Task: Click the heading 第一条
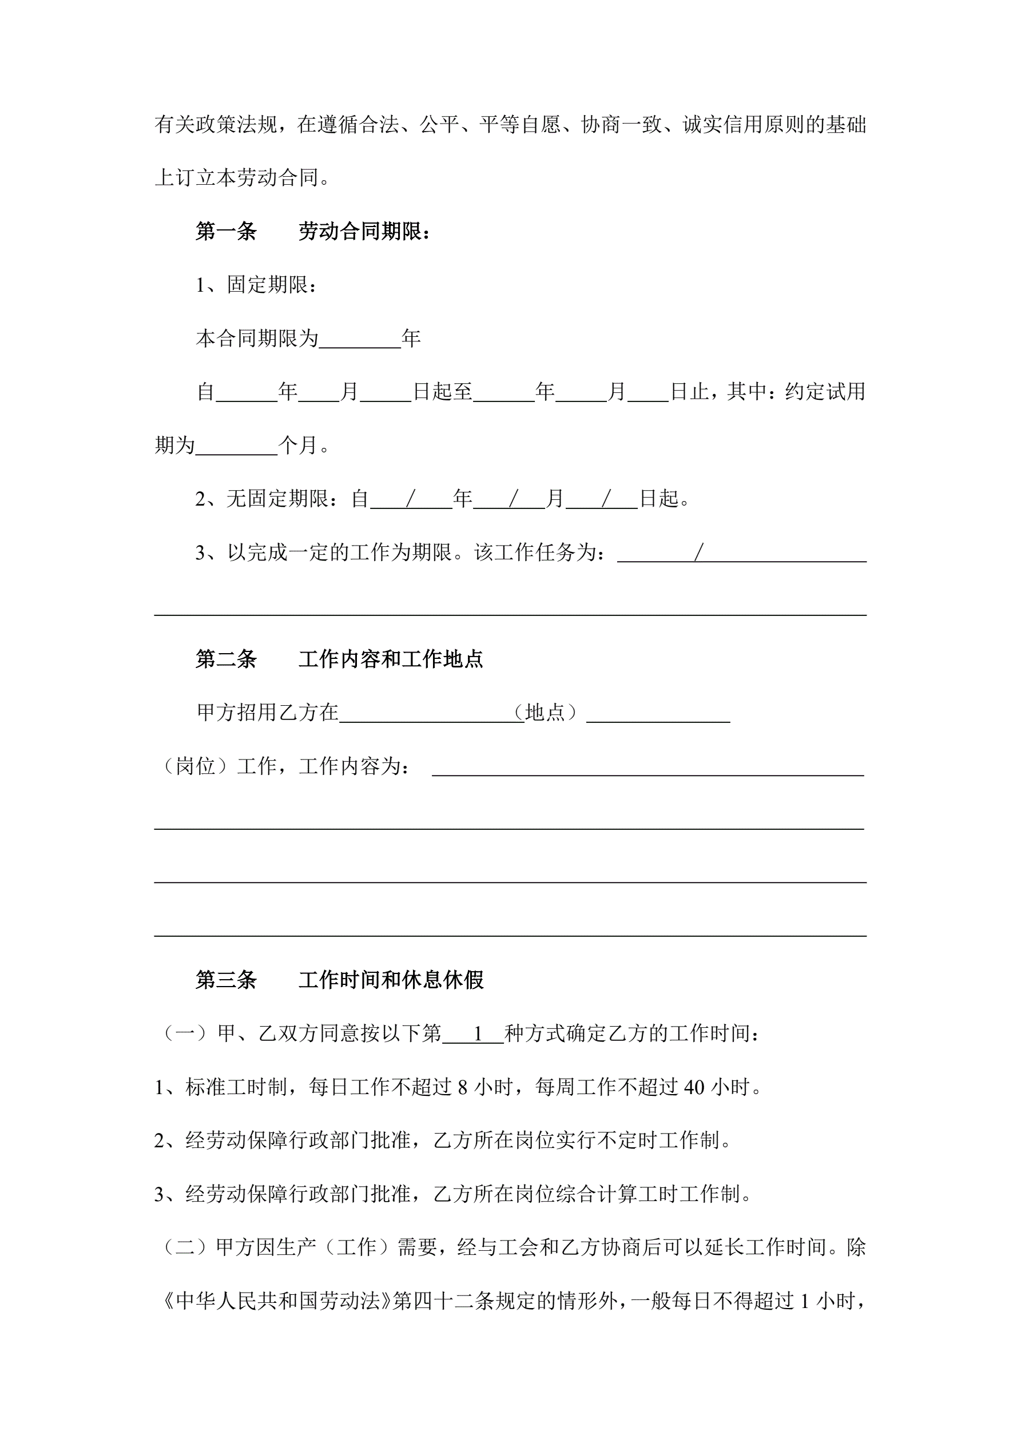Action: pyautogui.click(x=226, y=231)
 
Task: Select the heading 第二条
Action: pyautogui.click(x=226, y=659)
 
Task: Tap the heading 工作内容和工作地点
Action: pyautogui.click(x=391, y=659)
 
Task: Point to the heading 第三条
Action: pyautogui.click(x=226, y=979)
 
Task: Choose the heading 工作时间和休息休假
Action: pyautogui.click(x=391, y=979)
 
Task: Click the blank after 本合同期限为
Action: pyautogui.click(x=360, y=339)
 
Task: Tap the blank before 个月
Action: pyautogui.click(x=236, y=446)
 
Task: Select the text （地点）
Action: pyautogui.click(x=545, y=712)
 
